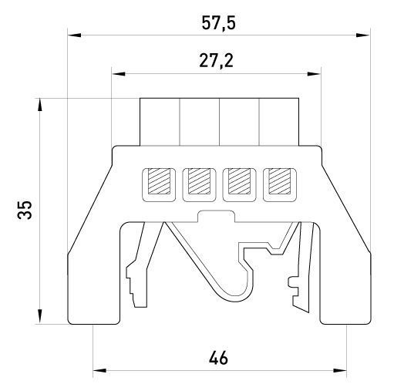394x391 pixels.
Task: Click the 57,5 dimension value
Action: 218,23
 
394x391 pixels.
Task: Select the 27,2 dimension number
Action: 217,61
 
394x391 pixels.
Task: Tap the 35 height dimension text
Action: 25,210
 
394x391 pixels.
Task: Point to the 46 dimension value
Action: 218,358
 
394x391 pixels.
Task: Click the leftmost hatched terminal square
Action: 159,181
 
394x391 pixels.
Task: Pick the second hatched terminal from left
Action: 199,181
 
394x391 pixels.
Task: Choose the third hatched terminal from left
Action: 240,181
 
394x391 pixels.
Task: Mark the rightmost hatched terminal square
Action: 280,181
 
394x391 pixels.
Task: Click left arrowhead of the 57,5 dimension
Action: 74,35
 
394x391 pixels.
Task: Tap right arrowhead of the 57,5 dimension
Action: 363,35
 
